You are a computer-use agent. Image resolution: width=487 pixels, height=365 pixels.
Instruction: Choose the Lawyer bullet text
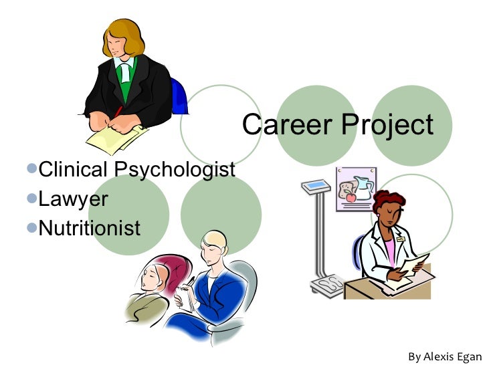click(x=74, y=199)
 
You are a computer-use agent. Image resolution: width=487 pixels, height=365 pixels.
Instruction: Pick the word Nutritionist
click(x=90, y=228)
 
